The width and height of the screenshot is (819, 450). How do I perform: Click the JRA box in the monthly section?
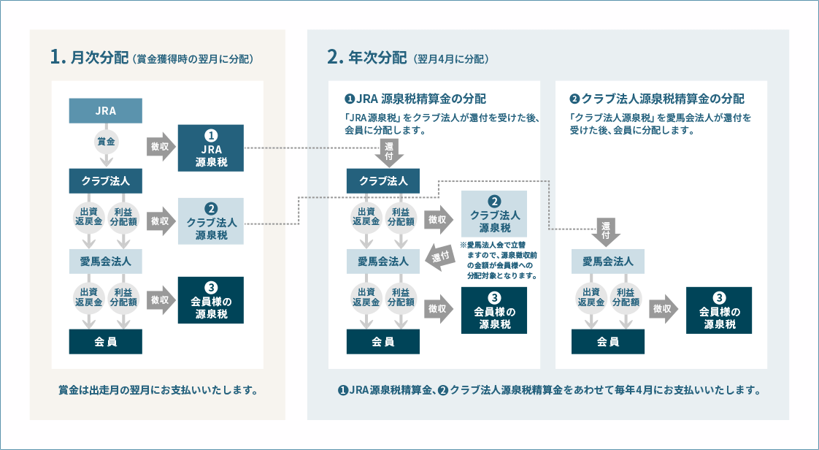pos(105,111)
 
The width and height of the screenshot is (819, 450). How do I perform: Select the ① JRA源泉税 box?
pos(211,148)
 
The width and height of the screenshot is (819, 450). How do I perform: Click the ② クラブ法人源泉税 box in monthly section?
pos(211,221)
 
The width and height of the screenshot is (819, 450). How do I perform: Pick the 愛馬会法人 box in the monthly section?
pos(105,260)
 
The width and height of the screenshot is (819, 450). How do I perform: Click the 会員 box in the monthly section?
pos(105,341)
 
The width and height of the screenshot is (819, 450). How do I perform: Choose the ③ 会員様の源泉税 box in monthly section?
pos(211,300)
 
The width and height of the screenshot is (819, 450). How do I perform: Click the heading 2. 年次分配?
pos(369,58)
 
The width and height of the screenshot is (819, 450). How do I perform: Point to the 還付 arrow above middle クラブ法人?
pos(387,152)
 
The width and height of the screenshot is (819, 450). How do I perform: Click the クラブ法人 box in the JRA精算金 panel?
pos(383,181)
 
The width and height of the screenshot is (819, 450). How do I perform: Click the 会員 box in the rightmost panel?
pos(607,341)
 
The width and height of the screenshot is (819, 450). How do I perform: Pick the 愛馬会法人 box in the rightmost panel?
pos(607,261)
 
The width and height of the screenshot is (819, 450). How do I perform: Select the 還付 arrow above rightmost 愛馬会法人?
pos(607,230)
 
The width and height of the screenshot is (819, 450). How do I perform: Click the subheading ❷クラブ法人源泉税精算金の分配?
pos(656,99)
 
